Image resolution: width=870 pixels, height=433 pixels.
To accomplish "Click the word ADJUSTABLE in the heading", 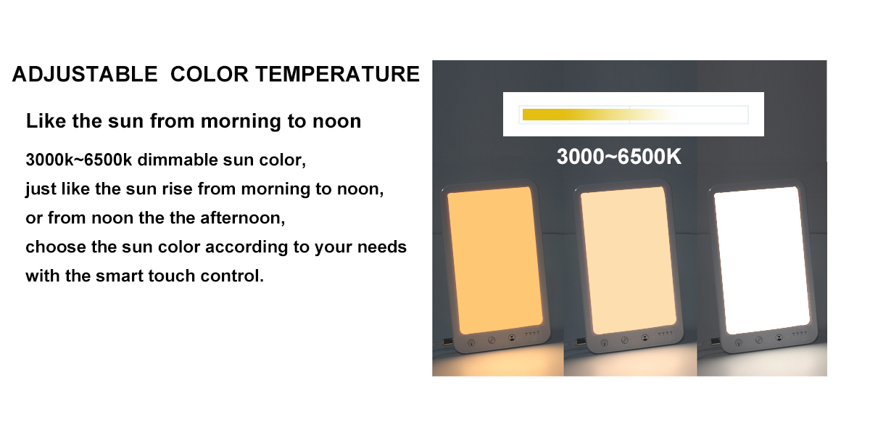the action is coord(85,74).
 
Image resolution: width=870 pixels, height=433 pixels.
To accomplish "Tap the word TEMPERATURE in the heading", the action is coord(338,74).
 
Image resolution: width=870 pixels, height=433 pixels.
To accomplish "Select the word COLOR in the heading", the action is coord(209,74).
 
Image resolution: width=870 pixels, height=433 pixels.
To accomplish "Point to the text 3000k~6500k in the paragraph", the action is coord(79,160).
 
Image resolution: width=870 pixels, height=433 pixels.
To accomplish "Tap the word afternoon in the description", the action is coord(243,218).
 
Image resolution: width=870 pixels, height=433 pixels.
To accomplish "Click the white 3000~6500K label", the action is coord(618,157).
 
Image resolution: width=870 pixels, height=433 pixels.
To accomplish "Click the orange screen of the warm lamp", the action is coord(494,260).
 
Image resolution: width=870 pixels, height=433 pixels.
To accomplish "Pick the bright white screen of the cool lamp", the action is coord(762,260).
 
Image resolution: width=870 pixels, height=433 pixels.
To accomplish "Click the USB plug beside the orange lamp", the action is coord(448,342).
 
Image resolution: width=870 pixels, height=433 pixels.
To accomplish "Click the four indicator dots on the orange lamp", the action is coord(532,334).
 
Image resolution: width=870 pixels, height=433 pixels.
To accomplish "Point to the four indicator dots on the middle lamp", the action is coord(665,334).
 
